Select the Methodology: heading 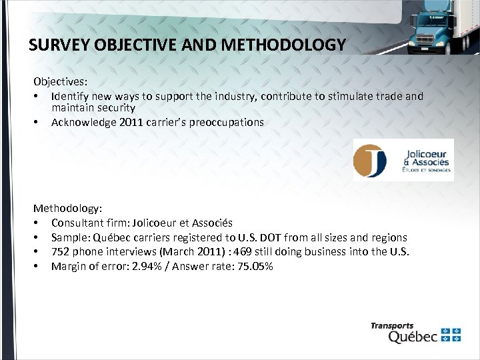[x=67, y=209]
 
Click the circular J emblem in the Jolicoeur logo [x=370, y=160]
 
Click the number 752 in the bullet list [x=61, y=252]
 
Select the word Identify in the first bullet [x=69, y=97]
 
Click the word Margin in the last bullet [x=68, y=267]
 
